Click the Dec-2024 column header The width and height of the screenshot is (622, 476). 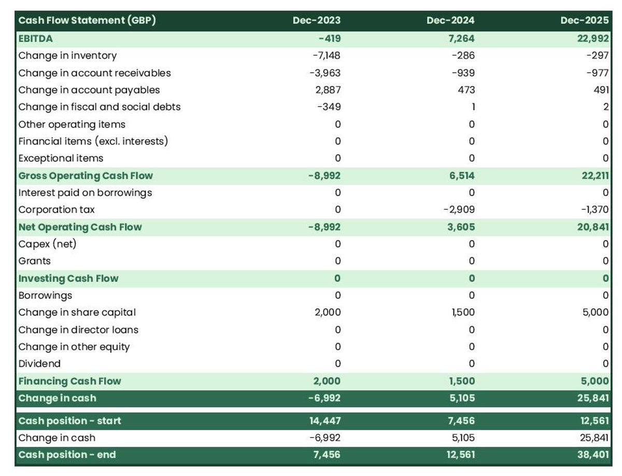coord(450,21)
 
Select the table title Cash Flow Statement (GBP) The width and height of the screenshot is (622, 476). coord(87,21)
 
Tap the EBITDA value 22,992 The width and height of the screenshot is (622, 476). coord(592,38)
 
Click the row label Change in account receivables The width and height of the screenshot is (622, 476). coord(94,73)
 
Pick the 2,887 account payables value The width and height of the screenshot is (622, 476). coord(328,90)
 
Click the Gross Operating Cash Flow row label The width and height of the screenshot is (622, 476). coord(86,175)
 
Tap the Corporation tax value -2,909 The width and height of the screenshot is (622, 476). coord(459,209)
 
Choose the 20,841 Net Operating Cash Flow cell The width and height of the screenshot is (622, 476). coord(593,227)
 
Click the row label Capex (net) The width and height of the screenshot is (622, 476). coord(50,244)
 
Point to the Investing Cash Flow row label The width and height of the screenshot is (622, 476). coord(68,278)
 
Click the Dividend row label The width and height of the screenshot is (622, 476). coord(39,363)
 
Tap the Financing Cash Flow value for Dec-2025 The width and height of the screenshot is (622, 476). coord(594,381)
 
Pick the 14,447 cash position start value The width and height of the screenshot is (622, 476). coord(326,421)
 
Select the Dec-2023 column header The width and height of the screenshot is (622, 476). coord(316,21)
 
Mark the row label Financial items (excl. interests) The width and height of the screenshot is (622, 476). coord(93,141)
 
